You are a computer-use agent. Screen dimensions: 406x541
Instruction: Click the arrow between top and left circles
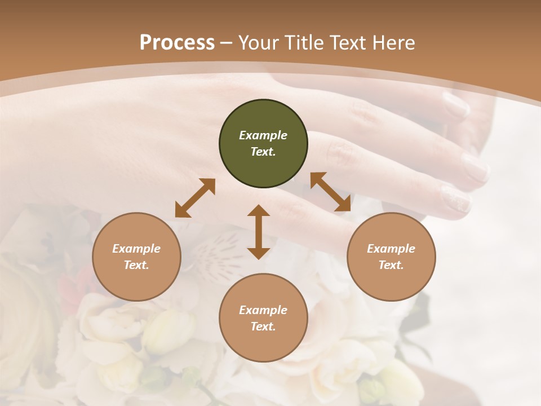(x=195, y=198)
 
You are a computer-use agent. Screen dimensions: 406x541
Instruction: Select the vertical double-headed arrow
(x=259, y=232)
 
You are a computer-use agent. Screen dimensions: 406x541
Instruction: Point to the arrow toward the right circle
(x=331, y=192)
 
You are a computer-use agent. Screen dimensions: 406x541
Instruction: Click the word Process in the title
(x=177, y=42)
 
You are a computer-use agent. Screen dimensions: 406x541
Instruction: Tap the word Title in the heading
(x=303, y=42)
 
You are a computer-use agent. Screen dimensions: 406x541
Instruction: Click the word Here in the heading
(x=394, y=42)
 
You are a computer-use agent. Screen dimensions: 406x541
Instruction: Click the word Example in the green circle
(x=263, y=135)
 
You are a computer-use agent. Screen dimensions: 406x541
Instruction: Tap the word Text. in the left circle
(x=136, y=265)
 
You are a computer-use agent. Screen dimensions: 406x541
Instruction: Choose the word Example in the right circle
(x=391, y=249)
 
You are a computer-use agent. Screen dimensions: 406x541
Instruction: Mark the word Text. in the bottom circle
(x=263, y=326)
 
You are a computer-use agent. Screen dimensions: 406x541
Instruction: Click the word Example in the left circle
(x=136, y=249)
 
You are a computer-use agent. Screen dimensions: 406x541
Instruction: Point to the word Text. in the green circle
(x=263, y=152)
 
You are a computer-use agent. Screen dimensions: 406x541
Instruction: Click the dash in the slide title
(x=227, y=43)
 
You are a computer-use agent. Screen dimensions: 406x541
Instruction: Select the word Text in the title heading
(x=347, y=42)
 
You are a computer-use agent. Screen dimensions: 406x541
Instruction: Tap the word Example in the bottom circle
(x=263, y=310)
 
